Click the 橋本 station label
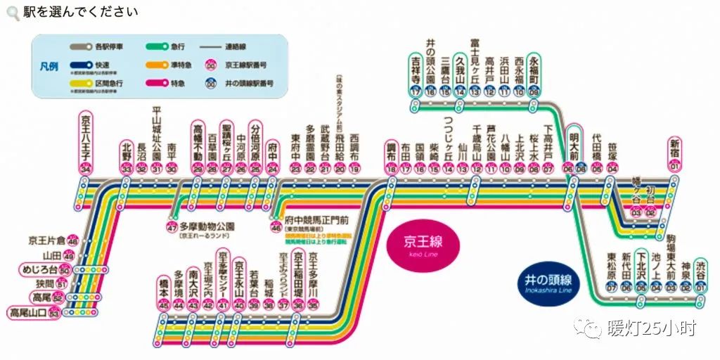(164, 288)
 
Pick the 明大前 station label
(574, 145)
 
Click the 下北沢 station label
(641, 269)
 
